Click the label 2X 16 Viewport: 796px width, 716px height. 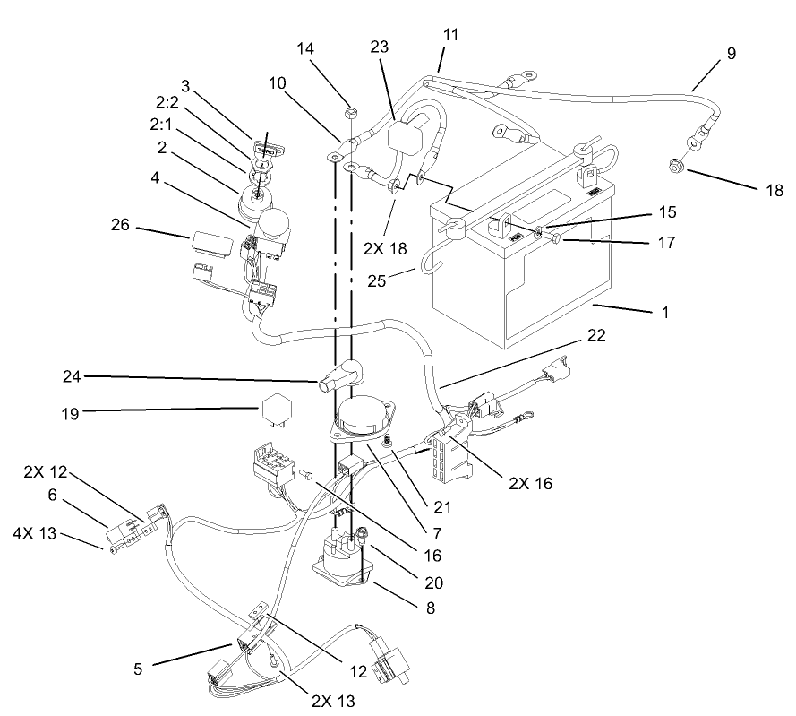coord(530,483)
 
